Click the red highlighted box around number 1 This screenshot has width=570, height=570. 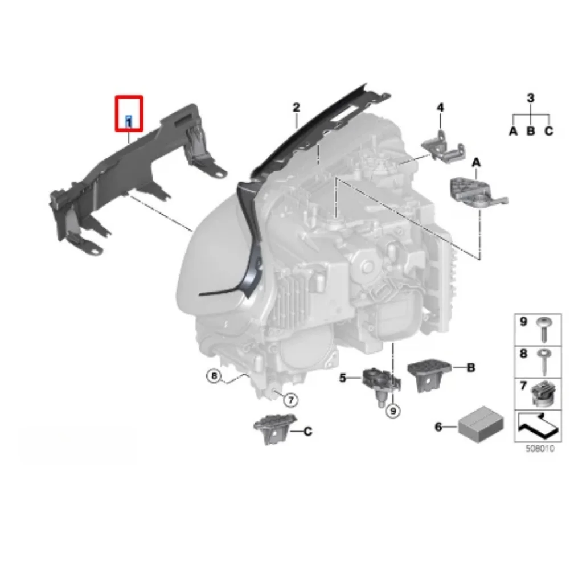pos(129,113)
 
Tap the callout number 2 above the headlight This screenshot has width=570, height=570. pos(296,107)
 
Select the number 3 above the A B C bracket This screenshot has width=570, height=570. pos(531,99)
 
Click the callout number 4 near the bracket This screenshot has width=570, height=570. pos(440,107)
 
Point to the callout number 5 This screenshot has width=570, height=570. pos(343,377)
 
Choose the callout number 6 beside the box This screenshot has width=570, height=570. pos(438,425)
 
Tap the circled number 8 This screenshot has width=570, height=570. pos(214,376)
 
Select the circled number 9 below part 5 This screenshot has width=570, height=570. pos(392,409)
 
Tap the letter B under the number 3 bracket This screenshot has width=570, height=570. pos(531,132)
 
